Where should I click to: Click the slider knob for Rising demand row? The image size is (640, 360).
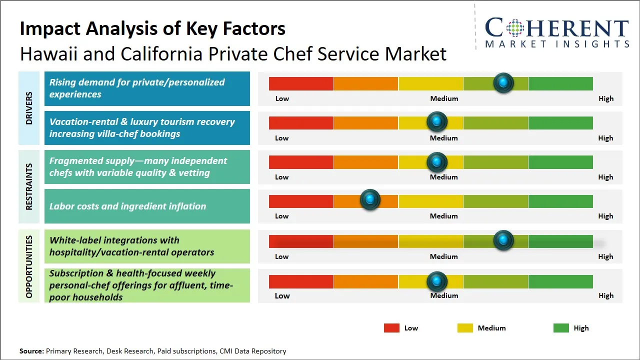click(x=503, y=82)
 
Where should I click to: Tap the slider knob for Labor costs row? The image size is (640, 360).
click(x=370, y=200)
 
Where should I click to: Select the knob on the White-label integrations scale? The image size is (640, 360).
click(x=503, y=240)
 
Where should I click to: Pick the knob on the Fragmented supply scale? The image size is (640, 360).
click(x=437, y=162)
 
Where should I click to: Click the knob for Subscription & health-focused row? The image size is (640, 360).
click(x=437, y=281)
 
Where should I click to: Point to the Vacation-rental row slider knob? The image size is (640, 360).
click(x=437, y=121)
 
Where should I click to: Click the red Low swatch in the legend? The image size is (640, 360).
click(x=391, y=328)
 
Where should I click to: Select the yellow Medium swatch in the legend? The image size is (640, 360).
click(x=465, y=328)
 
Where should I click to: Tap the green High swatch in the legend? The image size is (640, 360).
click(x=561, y=328)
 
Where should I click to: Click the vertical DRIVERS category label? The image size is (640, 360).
click(x=29, y=108)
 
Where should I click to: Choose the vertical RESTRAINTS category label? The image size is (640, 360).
click(x=29, y=186)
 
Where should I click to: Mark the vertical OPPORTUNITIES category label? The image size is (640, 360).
click(x=29, y=266)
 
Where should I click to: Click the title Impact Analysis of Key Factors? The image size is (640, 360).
click(x=152, y=28)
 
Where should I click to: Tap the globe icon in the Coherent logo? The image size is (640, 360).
click(x=516, y=28)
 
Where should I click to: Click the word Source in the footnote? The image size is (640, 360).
click(x=31, y=351)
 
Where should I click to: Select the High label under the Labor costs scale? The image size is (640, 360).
click(x=605, y=216)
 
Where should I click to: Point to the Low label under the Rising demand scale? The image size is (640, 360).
click(x=282, y=98)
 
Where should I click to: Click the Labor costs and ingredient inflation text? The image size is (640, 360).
click(x=127, y=206)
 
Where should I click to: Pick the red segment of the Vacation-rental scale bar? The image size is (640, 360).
click(x=301, y=122)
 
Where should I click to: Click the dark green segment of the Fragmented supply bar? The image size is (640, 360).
click(x=560, y=162)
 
